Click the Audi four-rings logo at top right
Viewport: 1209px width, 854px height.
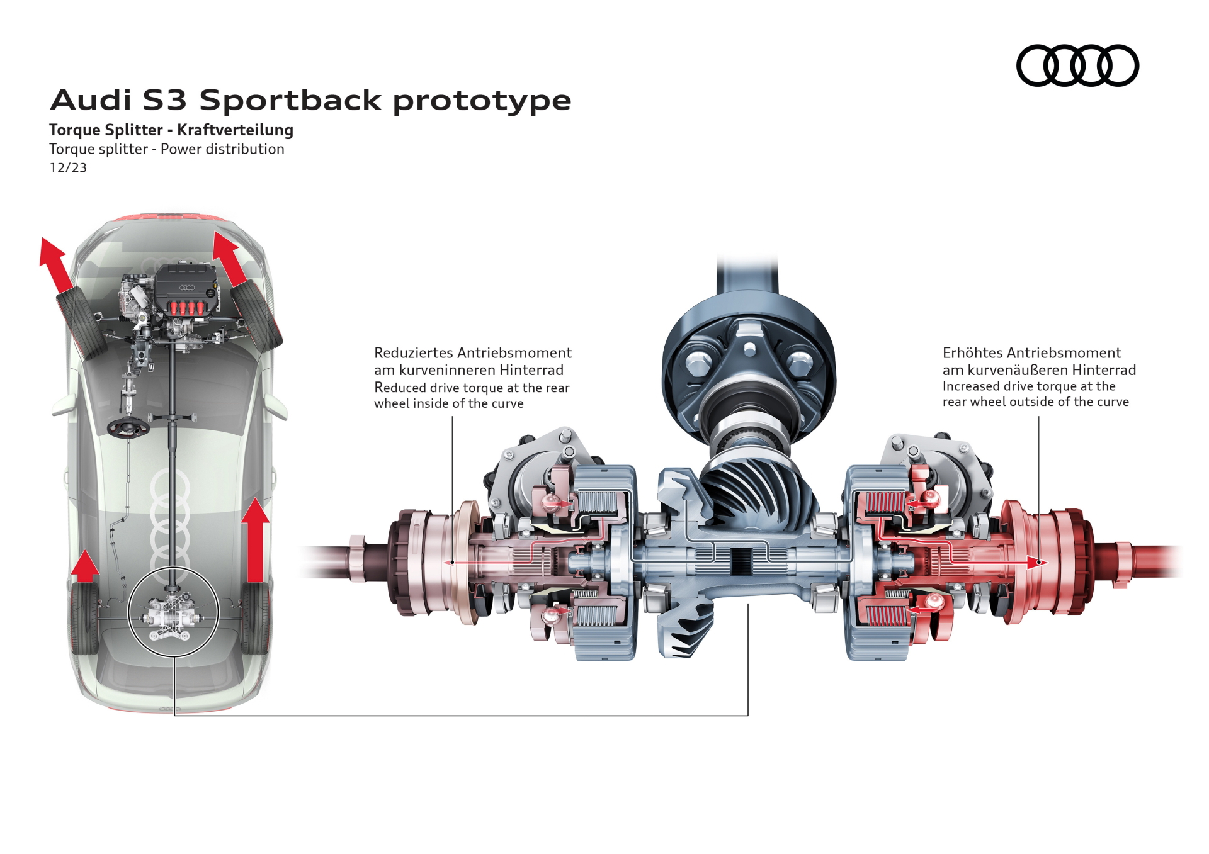1077,65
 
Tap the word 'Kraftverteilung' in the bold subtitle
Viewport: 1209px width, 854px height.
235,130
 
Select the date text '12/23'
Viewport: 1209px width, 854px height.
68,168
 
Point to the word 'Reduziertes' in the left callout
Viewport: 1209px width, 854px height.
413,353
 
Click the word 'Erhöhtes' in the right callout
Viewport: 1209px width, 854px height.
972,353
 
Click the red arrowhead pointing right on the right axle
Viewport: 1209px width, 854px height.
1036,563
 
